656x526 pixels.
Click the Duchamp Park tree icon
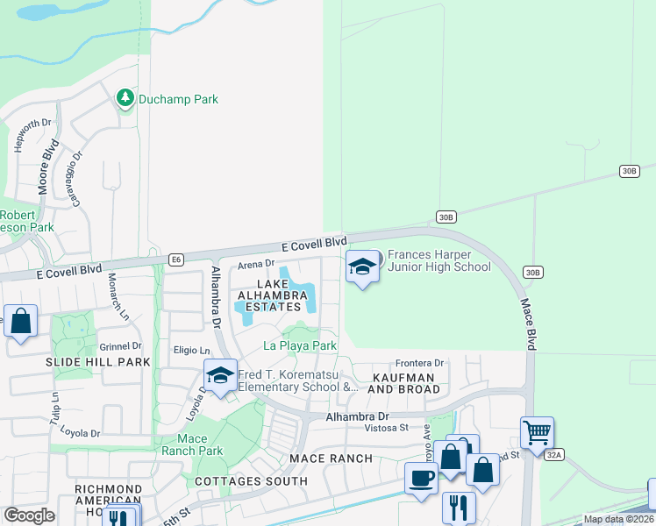pos(125,98)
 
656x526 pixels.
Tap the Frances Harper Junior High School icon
pos(361,267)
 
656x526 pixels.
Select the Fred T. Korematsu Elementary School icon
pos(220,376)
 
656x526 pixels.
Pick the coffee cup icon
pos(421,478)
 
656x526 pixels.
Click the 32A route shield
pos(553,455)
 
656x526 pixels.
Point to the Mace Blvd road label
pos(528,324)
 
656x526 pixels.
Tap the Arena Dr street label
pos(257,264)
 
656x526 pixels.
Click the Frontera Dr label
pos(420,363)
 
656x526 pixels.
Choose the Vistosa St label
pos(388,428)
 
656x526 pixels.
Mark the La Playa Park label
pos(301,346)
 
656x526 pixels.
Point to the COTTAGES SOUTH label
pos(251,481)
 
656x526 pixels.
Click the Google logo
pos(29,515)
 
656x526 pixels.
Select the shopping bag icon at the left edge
pos(20,321)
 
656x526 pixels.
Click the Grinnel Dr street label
pos(120,346)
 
